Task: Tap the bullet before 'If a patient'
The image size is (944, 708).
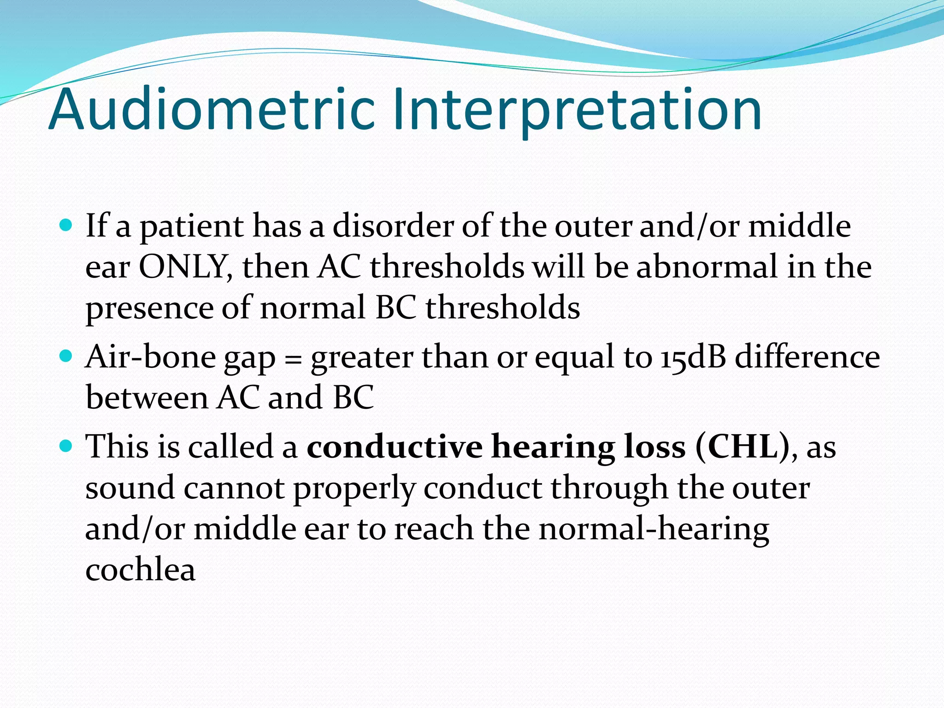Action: click(x=67, y=225)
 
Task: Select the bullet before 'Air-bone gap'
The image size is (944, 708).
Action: click(x=67, y=356)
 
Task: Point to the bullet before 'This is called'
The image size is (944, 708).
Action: click(x=67, y=446)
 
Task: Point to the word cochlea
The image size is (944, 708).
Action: click(x=140, y=569)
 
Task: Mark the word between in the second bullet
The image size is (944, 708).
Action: click(x=147, y=397)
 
